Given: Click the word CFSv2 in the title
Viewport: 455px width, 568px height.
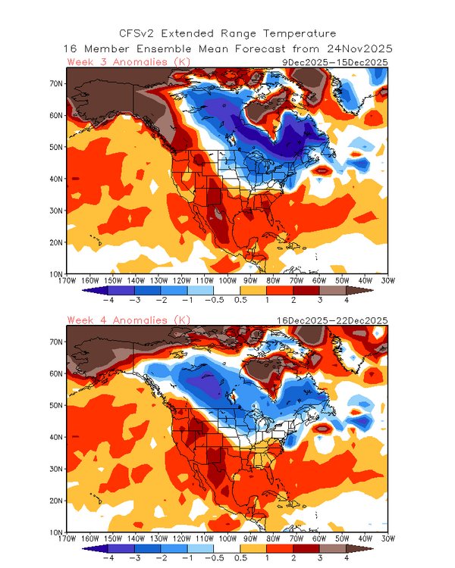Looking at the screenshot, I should pyautogui.click(x=140, y=33).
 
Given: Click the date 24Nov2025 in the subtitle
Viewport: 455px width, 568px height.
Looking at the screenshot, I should pyautogui.click(x=358, y=48).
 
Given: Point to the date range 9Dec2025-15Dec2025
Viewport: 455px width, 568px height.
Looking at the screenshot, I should pyautogui.click(x=334, y=61).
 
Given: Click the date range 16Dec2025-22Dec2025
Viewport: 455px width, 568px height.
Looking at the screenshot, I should pyautogui.click(x=333, y=320).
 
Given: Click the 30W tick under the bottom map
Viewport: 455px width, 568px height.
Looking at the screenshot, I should pyautogui.click(x=387, y=540).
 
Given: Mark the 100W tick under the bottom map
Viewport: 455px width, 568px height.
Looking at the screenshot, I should pyautogui.click(x=227, y=540).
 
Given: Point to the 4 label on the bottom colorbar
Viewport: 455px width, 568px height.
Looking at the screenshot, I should pyautogui.click(x=346, y=560).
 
